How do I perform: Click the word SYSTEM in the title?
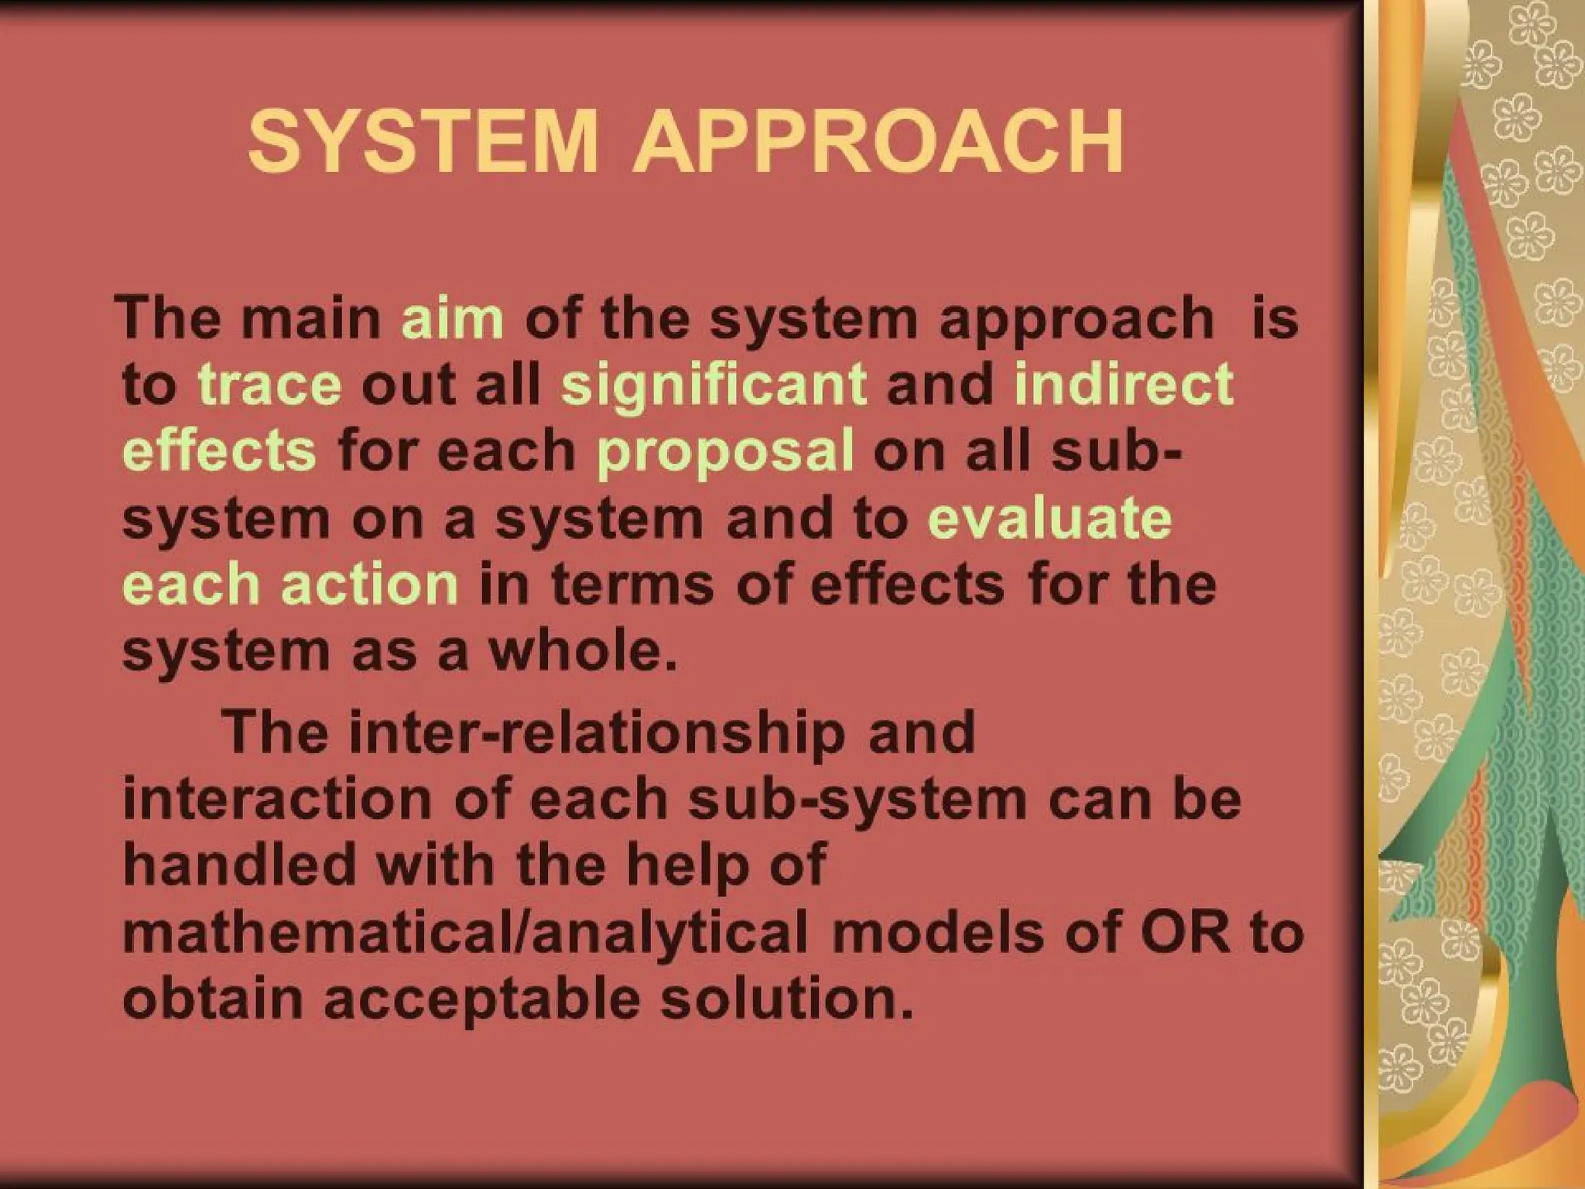pos(423,142)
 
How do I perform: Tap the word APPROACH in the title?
pos(878,142)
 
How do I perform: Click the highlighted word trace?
pos(270,385)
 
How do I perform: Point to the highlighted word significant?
pos(714,385)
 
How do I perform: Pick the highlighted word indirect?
pos(1124,385)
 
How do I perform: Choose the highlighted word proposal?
pos(726,451)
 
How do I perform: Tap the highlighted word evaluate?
pos(1049,518)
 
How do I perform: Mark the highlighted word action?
pos(370,584)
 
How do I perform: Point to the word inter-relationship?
pos(597,732)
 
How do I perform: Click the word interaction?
pos(277,799)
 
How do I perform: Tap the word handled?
pos(239,865)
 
